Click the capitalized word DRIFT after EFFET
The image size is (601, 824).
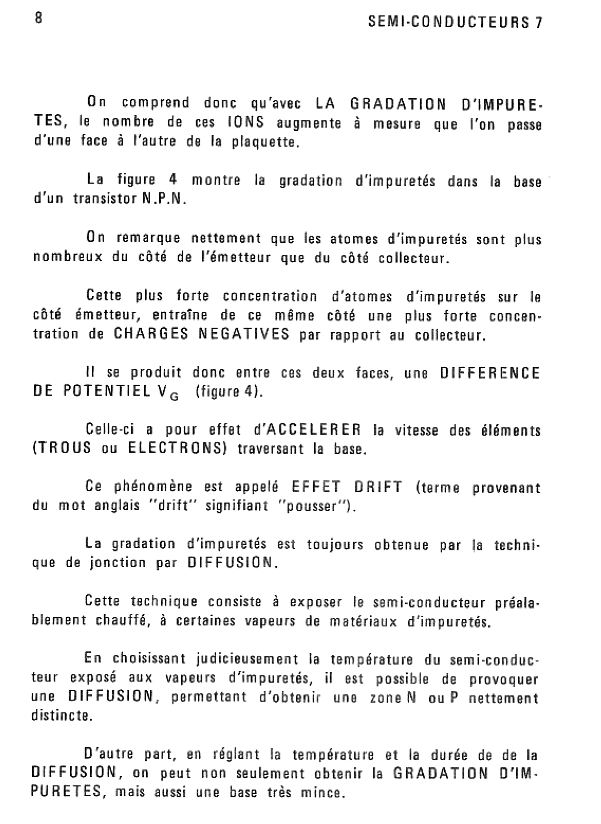point(378,487)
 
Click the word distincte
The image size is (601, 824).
point(62,716)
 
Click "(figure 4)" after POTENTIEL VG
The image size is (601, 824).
point(229,392)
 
